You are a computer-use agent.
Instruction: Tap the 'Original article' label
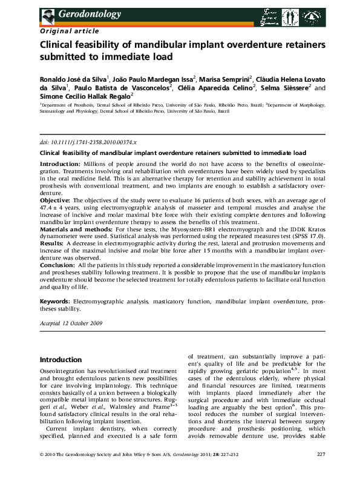[64, 29]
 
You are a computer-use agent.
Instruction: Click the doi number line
[88, 140]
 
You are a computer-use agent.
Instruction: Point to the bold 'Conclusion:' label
[58, 265]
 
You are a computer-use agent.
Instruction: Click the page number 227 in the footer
[321, 470]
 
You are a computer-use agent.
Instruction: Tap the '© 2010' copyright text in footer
[50, 470]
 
